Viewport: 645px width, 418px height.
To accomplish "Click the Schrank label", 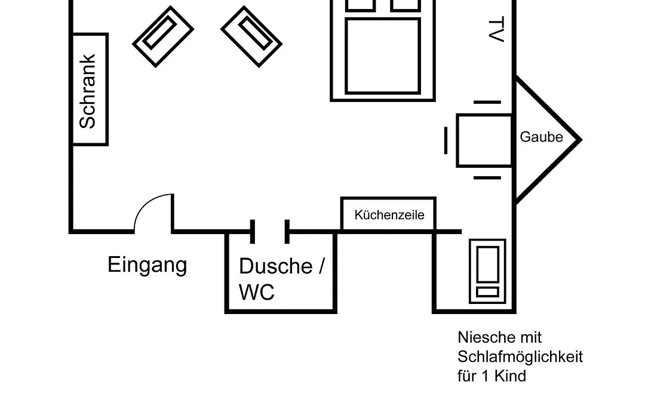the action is pyautogui.click(x=87, y=91).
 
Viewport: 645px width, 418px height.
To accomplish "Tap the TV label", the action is pyautogui.click(x=496, y=29).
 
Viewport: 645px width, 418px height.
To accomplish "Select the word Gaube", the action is pyautogui.click(x=541, y=137).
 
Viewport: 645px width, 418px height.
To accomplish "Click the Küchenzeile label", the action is pyautogui.click(x=389, y=215).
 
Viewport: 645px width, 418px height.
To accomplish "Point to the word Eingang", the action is pyautogui.click(x=148, y=265).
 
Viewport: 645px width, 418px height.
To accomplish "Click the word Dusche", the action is pyautogui.click(x=275, y=266).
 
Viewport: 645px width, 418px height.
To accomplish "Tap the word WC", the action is pyautogui.click(x=257, y=292).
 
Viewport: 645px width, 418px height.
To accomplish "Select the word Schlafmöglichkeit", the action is pyautogui.click(x=520, y=356).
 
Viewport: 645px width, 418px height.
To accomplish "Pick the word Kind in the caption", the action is pyautogui.click(x=510, y=376).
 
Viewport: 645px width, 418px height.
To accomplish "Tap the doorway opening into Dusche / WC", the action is pyautogui.click(x=270, y=232).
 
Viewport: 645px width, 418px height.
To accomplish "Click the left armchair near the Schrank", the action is pyautogui.click(x=163, y=36).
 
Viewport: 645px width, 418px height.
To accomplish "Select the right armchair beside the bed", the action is pyautogui.click(x=251, y=36).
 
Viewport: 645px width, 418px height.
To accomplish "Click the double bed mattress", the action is pyautogui.click(x=383, y=56).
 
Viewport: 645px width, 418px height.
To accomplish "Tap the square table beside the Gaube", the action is pyautogui.click(x=484, y=141).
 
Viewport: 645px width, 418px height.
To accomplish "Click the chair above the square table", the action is pyautogui.click(x=487, y=102).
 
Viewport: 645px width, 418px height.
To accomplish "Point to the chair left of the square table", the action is pyautogui.click(x=446, y=141).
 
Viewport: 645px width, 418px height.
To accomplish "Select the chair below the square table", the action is pyautogui.click(x=487, y=178).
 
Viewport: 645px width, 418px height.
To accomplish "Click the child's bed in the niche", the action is pyautogui.click(x=487, y=271).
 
